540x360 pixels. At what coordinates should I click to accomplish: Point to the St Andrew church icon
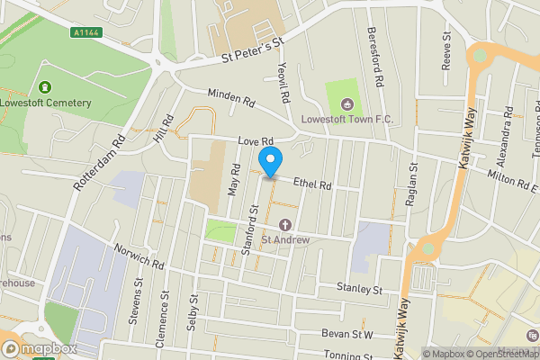[x=286, y=224]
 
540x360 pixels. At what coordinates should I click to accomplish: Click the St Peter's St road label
[x=253, y=53]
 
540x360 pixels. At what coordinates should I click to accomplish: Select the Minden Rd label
[x=231, y=98]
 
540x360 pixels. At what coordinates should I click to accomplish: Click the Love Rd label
[x=255, y=142]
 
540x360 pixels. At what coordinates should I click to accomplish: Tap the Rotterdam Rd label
[x=96, y=161]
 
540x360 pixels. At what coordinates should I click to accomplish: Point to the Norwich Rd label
[x=139, y=259]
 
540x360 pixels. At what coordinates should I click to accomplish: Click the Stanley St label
[x=359, y=289]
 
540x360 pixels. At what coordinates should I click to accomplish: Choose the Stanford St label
[x=251, y=233]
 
